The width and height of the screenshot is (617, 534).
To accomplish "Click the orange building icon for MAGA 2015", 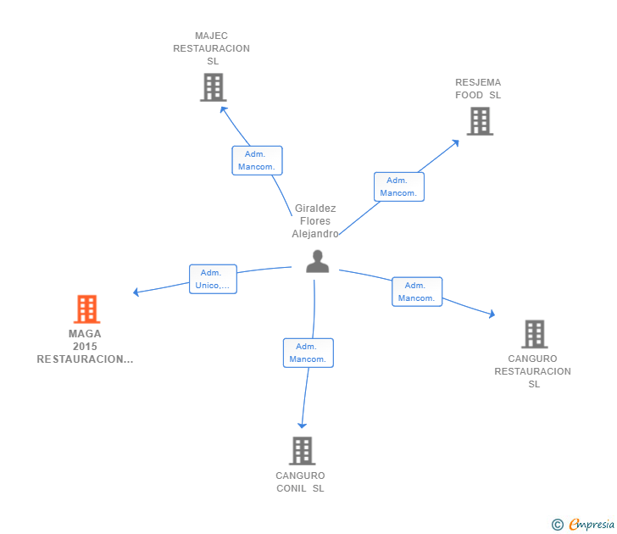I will click(86, 309).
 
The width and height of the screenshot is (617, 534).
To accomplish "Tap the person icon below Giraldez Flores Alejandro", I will click(317, 261).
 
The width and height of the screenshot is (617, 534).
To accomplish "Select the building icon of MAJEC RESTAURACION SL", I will click(213, 87).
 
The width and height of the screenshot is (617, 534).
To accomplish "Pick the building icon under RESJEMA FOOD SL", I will click(480, 121).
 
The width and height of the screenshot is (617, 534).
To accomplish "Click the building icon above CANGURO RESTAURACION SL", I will click(534, 334).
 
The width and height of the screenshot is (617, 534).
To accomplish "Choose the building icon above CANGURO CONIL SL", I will click(302, 451).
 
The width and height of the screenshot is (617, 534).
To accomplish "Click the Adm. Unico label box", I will click(212, 279).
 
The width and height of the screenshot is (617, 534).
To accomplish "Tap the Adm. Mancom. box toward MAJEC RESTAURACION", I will click(257, 160).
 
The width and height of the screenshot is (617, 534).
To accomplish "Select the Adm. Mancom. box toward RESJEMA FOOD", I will click(398, 186).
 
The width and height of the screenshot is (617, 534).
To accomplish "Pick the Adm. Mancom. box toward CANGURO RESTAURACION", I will click(416, 292).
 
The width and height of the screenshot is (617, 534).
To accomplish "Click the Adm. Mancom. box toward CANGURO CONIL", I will click(308, 353).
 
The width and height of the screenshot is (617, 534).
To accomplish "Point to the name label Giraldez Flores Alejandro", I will click(315, 221).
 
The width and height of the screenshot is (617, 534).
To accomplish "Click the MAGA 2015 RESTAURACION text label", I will click(85, 347).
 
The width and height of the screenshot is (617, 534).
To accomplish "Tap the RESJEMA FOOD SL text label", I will click(478, 89).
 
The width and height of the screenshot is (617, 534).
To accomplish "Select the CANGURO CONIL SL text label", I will click(300, 481).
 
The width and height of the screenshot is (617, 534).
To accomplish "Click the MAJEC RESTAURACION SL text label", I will click(212, 48).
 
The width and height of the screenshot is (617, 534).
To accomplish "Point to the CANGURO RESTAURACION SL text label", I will click(533, 371).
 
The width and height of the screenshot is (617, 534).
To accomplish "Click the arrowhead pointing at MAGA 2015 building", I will click(136, 293).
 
